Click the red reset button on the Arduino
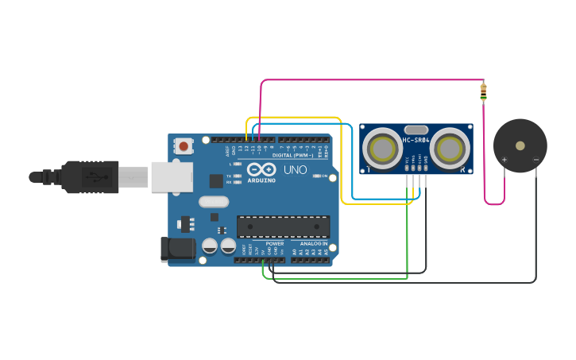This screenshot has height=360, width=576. pos(184,145)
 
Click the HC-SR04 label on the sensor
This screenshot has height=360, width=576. pos(416,141)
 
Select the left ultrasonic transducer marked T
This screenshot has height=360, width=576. pos(382,148)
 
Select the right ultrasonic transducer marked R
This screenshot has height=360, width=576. pos(450,148)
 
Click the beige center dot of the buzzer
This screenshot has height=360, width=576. pos(520,146)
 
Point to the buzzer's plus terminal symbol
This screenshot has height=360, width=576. pos(504,160)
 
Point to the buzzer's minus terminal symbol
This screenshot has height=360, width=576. pos(535,160)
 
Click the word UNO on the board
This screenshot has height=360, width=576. pos(295,169)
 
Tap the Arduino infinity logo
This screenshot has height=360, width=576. pos(261,169)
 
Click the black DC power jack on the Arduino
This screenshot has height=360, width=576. pos(178,249)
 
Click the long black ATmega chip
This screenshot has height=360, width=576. pos(283,226)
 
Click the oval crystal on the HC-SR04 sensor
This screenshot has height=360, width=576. pos(416,130)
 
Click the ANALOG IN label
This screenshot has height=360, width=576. pos(313,243)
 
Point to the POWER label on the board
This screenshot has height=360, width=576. pos(275,243)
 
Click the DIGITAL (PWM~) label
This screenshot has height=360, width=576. pos(299,156)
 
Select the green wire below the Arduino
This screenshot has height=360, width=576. pos(334,278)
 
